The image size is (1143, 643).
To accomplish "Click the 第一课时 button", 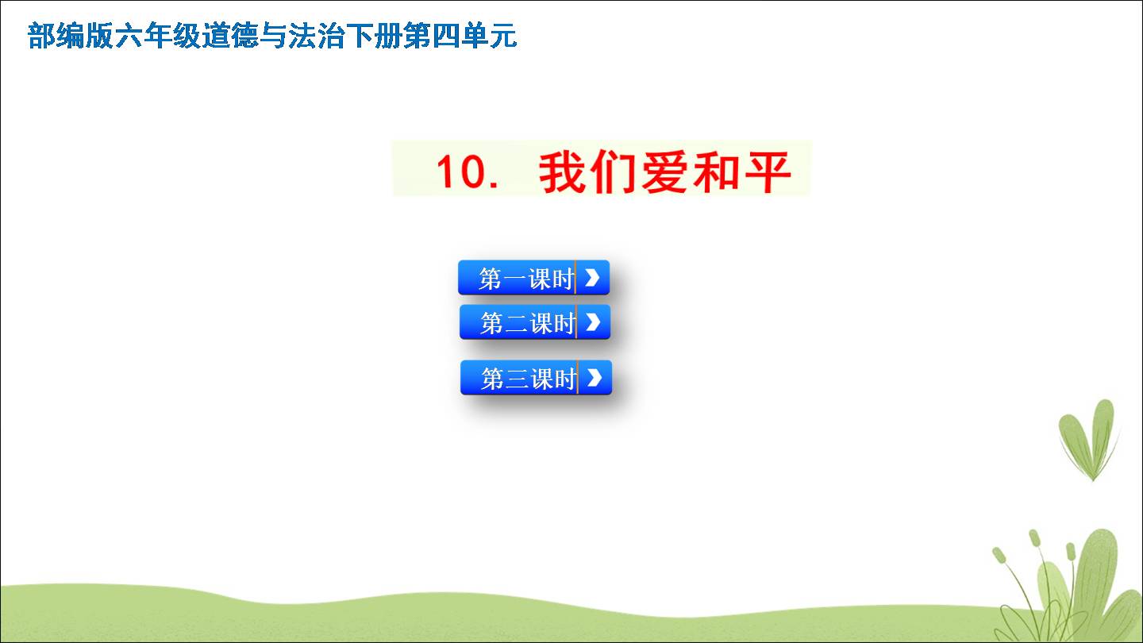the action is (x=533, y=278).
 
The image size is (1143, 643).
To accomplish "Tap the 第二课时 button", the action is (x=535, y=322).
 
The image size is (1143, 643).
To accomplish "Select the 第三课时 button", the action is (x=536, y=378).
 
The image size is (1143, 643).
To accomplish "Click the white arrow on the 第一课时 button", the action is (x=592, y=278).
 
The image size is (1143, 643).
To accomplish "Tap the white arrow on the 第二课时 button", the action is (x=593, y=322).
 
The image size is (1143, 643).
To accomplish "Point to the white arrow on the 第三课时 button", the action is (x=595, y=378).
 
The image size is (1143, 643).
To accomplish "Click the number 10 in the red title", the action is (x=460, y=171).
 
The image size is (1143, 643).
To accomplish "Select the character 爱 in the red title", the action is (x=664, y=172).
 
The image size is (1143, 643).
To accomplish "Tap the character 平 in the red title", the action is (x=768, y=172).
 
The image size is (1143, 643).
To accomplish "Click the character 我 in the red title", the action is (x=561, y=172).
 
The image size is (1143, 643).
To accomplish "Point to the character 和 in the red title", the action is (x=716, y=172).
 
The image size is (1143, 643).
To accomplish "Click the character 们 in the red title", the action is (x=612, y=172).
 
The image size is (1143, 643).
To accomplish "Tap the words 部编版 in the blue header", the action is (x=71, y=36).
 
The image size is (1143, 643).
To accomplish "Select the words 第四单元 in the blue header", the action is (x=460, y=36).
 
